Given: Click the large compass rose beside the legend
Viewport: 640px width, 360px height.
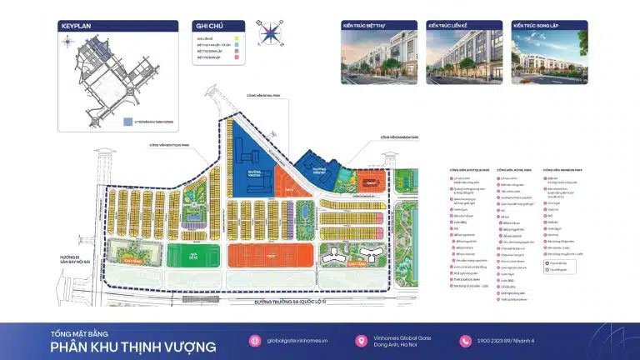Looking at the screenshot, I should (x=270, y=34).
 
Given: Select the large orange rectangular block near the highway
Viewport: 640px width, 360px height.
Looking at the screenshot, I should (x=270, y=256).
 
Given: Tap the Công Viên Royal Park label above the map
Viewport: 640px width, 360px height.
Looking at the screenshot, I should (x=269, y=97).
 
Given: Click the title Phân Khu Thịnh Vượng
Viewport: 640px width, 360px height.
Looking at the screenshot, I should (x=132, y=347).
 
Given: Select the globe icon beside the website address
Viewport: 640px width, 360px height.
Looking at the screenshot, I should (x=255, y=341).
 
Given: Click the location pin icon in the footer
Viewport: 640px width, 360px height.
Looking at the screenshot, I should (x=361, y=341).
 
